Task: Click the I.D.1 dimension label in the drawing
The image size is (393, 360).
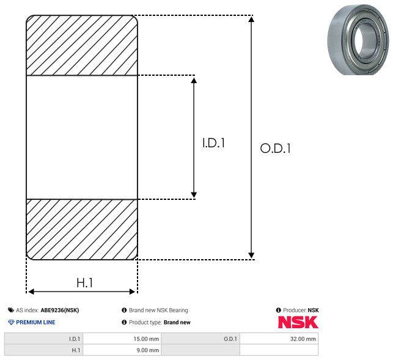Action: [213, 142]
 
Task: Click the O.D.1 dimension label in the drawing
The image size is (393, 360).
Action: [276, 148]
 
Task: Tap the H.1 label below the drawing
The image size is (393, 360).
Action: [85, 283]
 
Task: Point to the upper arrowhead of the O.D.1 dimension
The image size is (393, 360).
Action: [251, 19]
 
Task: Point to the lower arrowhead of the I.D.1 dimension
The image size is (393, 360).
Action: [194, 195]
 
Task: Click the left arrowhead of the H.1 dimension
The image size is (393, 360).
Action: [31, 292]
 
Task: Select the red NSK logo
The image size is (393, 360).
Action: [298, 322]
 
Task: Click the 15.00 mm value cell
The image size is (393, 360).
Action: [122, 339]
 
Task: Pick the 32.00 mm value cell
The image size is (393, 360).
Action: [279, 339]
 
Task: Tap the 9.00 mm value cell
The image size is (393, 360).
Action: [122, 350]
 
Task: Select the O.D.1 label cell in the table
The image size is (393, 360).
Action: [200, 339]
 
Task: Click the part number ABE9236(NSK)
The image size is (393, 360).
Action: [60, 310]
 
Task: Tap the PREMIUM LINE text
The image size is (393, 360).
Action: [35, 322]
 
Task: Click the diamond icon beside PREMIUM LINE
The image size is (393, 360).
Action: [11, 322]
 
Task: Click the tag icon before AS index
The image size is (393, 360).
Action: [11, 310]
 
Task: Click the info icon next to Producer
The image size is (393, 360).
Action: [278, 310]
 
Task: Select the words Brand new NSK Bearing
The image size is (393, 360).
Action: [158, 310]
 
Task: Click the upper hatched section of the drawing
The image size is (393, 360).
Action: [82, 45]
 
